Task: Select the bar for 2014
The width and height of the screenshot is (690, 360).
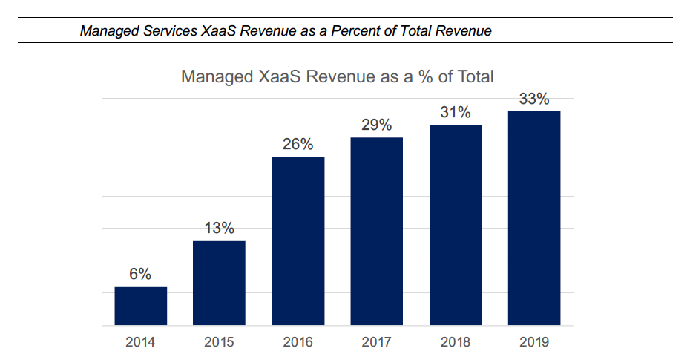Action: [140, 306]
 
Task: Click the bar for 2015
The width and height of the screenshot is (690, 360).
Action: [219, 283]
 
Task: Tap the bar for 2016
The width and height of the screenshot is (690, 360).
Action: [298, 241]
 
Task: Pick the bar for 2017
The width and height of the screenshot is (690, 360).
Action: [377, 232]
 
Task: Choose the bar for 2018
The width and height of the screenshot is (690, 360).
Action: [456, 225]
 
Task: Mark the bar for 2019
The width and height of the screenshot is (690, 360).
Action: [534, 218]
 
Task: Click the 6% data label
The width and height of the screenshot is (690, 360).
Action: [140, 274]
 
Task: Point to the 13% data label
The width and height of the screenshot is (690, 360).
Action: [219, 229]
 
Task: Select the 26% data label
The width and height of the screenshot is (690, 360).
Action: [298, 144]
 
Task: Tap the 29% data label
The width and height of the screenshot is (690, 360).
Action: [377, 125]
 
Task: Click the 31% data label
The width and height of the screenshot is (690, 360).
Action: [456, 112]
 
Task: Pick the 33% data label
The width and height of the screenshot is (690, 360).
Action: [534, 99]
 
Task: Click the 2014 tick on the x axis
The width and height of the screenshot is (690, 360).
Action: [140, 342]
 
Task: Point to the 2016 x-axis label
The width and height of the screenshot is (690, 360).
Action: [298, 342]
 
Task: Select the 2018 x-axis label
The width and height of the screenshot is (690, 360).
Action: [456, 342]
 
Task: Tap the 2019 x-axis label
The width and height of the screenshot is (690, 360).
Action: [534, 342]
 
